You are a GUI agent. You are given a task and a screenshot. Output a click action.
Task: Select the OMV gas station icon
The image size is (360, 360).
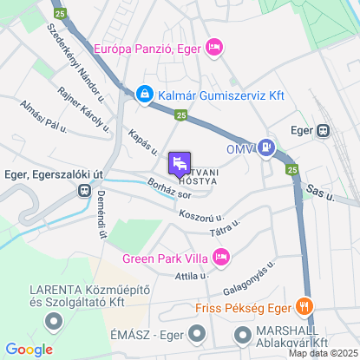[x=269, y=149]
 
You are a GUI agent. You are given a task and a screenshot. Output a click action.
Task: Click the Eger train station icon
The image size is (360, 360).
[x=324, y=131]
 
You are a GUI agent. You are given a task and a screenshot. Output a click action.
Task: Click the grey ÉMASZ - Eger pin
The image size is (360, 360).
[x=197, y=332]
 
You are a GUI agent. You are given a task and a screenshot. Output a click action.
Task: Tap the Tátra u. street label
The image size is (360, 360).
[x=224, y=228]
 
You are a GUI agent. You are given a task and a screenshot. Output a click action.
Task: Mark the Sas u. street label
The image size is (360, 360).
[x=321, y=193]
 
